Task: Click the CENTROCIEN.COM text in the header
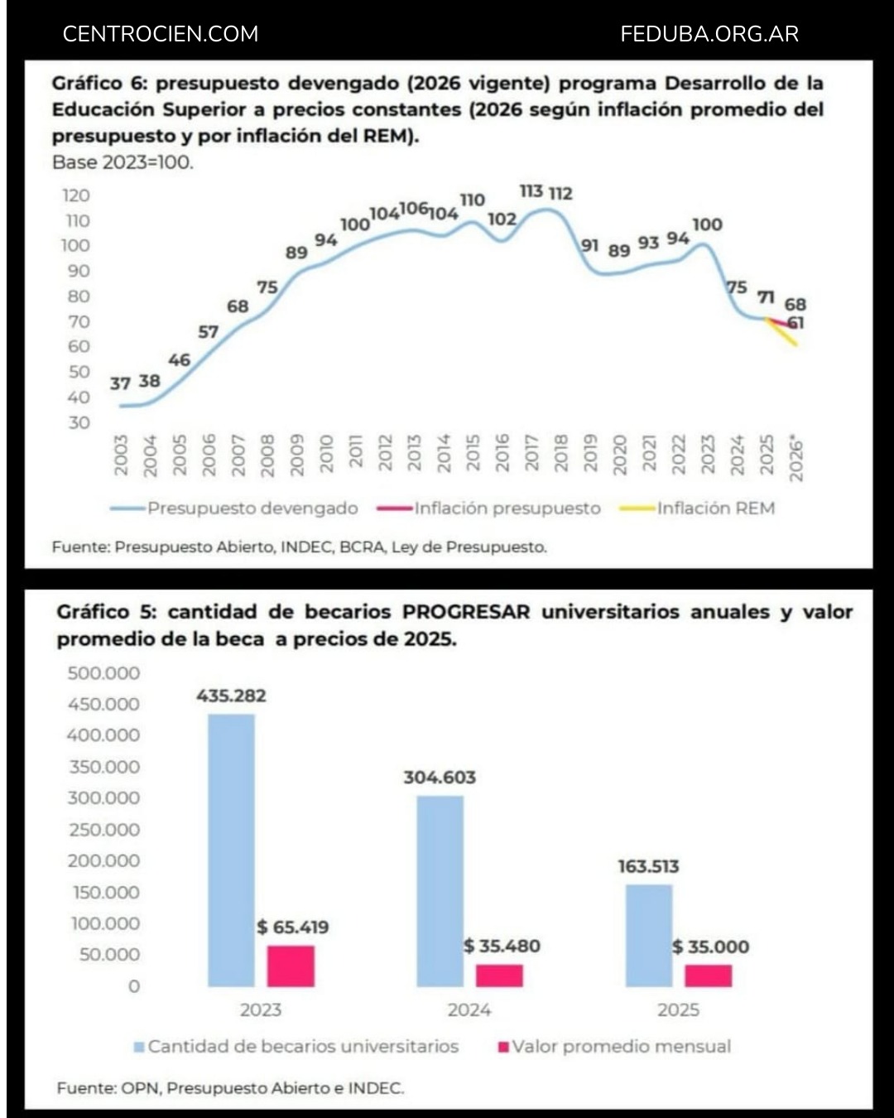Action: tap(161, 34)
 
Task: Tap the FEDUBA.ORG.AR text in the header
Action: tap(709, 34)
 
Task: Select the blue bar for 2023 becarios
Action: tap(231, 850)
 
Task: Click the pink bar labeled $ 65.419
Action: tap(291, 966)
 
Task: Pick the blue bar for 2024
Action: tap(440, 891)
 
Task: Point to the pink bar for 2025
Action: tap(708, 976)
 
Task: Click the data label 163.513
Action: tap(648, 866)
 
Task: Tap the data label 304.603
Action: tap(440, 778)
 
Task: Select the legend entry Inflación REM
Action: tap(715, 508)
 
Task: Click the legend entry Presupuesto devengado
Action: tap(252, 508)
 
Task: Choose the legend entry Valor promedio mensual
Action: tap(621, 1047)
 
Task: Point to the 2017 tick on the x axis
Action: tap(532, 454)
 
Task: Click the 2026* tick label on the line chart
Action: tap(796, 459)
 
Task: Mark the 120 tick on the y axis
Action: tap(76, 195)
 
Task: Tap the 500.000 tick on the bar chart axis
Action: tap(103, 673)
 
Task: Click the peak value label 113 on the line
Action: tap(531, 191)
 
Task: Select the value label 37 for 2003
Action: tap(120, 383)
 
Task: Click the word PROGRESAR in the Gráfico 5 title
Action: tap(465, 612)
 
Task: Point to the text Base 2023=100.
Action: tap(123, 162)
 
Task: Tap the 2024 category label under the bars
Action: tap(469, 1010)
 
